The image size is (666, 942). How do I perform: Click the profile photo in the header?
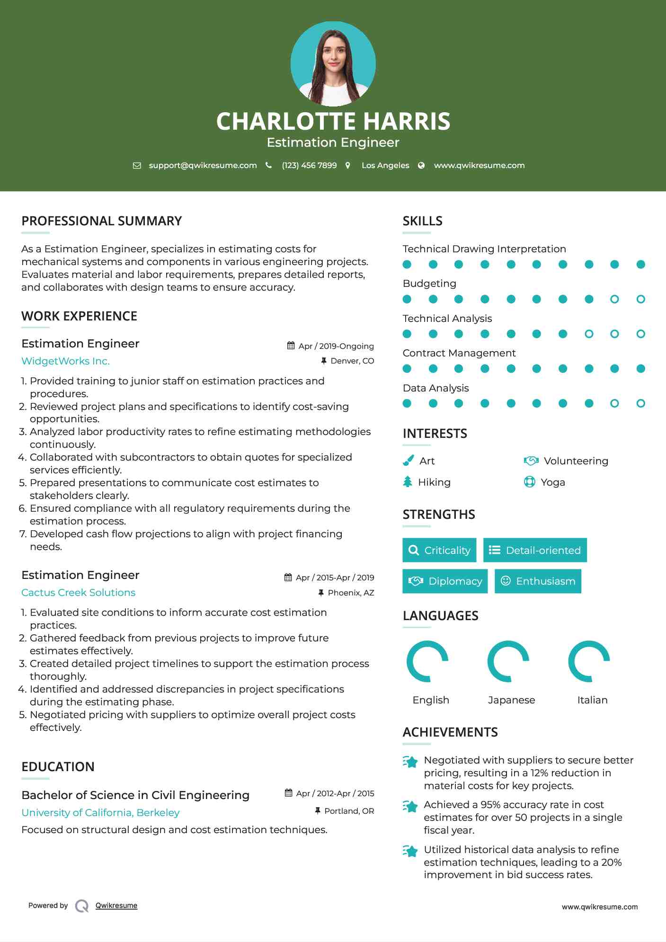pyautogui.click(x=333, y=63)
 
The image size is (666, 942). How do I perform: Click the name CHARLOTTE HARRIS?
pyautogui.click(x=333, y=122)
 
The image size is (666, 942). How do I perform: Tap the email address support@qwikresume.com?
pyautogui.click(x=203, y=166)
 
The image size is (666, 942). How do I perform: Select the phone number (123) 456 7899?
pyautogui.click(x=309, y=166)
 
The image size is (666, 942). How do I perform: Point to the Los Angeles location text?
pyautogui.click(x=385, y=166)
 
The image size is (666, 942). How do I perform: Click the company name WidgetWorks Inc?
pyautogui.click(x=65, y=361)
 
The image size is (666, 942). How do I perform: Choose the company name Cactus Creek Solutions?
pyautogui.click(x=78, y=593)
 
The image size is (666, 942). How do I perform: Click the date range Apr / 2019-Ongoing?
pyautogui.click(x=336, y=347)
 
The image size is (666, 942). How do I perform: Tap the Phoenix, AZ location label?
pyautogui.click(x=351, y=593)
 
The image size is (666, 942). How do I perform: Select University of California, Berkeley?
pyautogui.click(x=100, y=813)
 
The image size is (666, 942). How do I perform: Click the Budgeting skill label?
pyautogui.click(x=429, y=284)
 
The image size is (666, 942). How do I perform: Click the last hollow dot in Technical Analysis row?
pyautogui.click(x=640, y=334)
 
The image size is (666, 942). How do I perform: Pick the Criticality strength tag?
pyautogui.click(x=439, y=550)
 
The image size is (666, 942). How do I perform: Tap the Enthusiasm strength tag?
pyautogui.click(x=538, y=581)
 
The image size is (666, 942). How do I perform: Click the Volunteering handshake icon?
pyautogui.click(x=531, y=461)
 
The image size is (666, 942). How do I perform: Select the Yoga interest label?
pyautogui.click(x=553, y=482)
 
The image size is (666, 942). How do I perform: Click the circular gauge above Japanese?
pyautogui.click(x=508, y=661)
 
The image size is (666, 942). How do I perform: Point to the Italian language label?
pyautogui.click(x=592, y=700)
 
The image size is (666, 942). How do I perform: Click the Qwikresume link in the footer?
pyautogui.click(x=116, y=906)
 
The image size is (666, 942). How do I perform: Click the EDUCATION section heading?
pyautogui.click(x=58, y=767)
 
